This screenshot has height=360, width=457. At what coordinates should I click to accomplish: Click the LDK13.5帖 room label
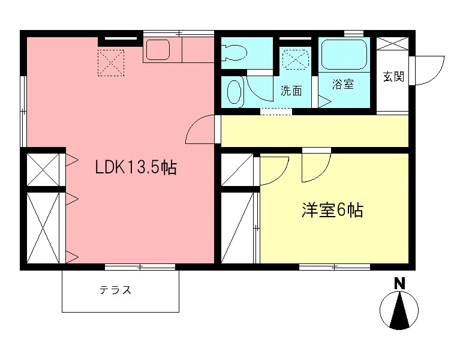click(136, 168)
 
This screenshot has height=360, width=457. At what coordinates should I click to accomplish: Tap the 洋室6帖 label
click(332, 211)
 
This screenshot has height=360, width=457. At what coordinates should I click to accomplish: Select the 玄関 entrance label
click(393, 76)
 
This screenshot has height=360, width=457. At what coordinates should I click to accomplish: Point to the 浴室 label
click(343, 85)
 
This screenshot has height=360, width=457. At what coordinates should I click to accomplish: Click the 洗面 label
click(291, 91)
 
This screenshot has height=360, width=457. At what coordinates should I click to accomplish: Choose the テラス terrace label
click(115, 291)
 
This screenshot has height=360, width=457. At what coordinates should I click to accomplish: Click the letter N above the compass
click(399, 283)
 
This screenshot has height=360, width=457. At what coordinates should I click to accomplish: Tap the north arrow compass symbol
click(399, 311)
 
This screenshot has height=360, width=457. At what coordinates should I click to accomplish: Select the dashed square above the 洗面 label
click(294, 59)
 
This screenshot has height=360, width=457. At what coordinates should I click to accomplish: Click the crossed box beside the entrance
click(393, 46)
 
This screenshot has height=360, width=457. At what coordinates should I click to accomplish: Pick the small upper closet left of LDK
click(43, 169)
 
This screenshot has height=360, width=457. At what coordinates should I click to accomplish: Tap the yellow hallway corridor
click(315, 131)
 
